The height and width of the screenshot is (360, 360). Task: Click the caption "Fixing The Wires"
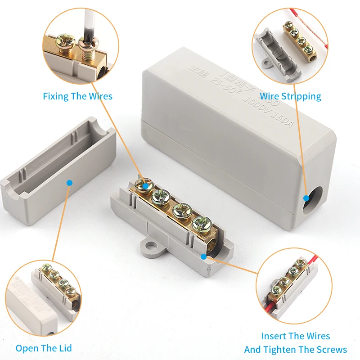(x=77, y=96)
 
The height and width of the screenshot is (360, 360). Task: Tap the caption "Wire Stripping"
(x=290, y=96)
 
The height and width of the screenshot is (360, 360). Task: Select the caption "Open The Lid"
(x=44, y=348)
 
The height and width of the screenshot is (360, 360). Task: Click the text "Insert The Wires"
(x=296, y=336)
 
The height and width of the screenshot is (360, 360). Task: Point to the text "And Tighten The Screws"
(x=296, y=350)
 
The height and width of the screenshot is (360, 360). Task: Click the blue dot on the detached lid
(x=69, y=183)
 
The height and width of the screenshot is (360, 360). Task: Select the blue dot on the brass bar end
(x=204, y=257)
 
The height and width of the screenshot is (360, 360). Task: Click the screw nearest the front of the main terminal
(x=201, y=223)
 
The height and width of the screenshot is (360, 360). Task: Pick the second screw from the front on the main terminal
(x=182, y=210)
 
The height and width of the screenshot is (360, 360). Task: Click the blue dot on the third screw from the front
(x=145, y=185)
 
